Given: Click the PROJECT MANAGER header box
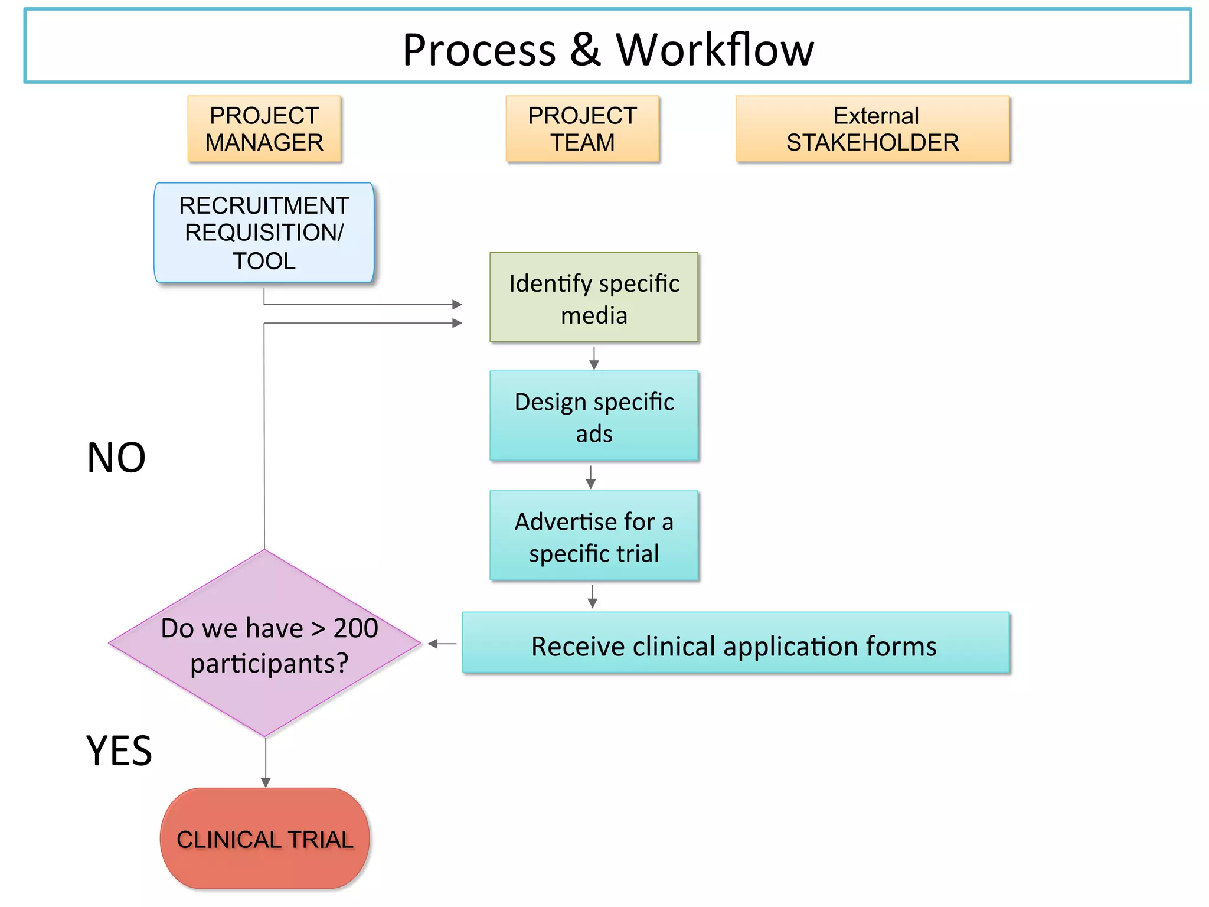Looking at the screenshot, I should click(264, 129).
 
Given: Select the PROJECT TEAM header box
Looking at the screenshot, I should click(582, 129).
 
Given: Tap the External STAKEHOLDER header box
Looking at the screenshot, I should click(873, 129).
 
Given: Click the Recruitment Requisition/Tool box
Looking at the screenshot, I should click(264, 233).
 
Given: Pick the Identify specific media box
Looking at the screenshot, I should click(594, 298).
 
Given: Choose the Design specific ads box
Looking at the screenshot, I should click(594, 416).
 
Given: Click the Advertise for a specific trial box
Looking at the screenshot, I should click(594, 536).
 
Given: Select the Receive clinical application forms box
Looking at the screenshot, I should click(736, 644).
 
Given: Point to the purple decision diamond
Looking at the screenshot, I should click(264, 644).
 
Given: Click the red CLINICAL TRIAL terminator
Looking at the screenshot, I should click(264, 839).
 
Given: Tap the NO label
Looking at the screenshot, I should click(116, 458).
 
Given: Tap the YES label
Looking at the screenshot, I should click(119, 751).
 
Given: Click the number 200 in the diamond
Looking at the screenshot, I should click(356, 628).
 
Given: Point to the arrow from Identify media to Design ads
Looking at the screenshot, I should click(594, 358).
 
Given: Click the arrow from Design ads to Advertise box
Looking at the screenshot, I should click(590, 477).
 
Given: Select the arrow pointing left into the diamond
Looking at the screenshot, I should click(442, 644).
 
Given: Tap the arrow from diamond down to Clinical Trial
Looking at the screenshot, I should click(266, 763).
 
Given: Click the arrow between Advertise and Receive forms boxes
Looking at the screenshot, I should click(593, 597).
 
